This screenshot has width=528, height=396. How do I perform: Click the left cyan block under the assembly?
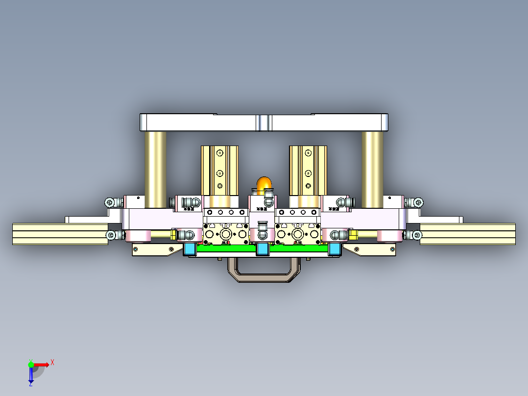(x=190, y=249)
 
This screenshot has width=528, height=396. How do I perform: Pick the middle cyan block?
(x=263, y=249)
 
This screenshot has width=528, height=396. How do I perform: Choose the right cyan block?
(x=335, y=249)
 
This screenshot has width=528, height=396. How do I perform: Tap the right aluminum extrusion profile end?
(x=467, y=234)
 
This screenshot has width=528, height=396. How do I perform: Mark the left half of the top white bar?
(x=198, y=123)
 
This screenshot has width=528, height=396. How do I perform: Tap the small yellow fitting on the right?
(x=353, y=235)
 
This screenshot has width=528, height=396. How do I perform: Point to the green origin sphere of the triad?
(x=31, y=364)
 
